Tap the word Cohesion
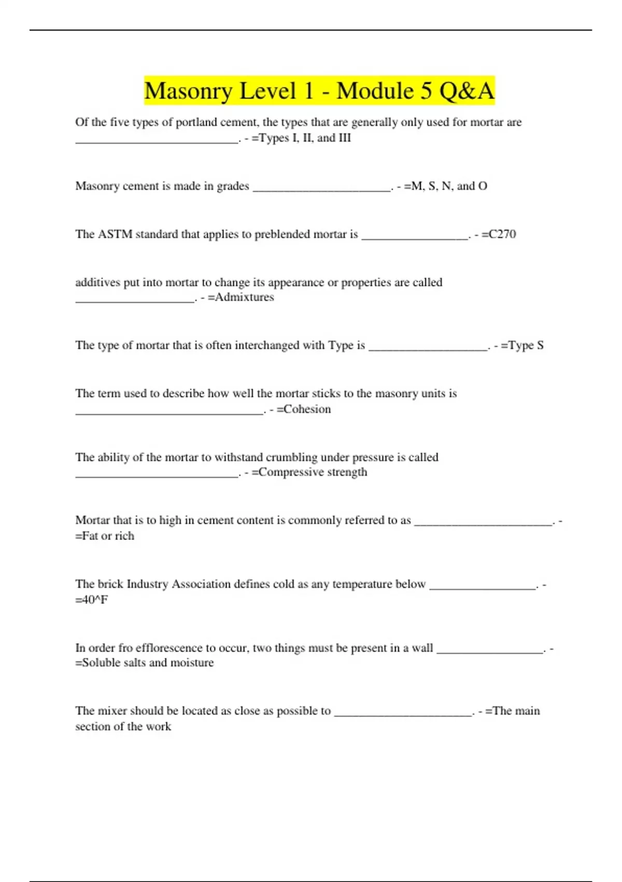[307, 409]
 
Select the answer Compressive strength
[313, 472]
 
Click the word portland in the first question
[196, 122]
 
